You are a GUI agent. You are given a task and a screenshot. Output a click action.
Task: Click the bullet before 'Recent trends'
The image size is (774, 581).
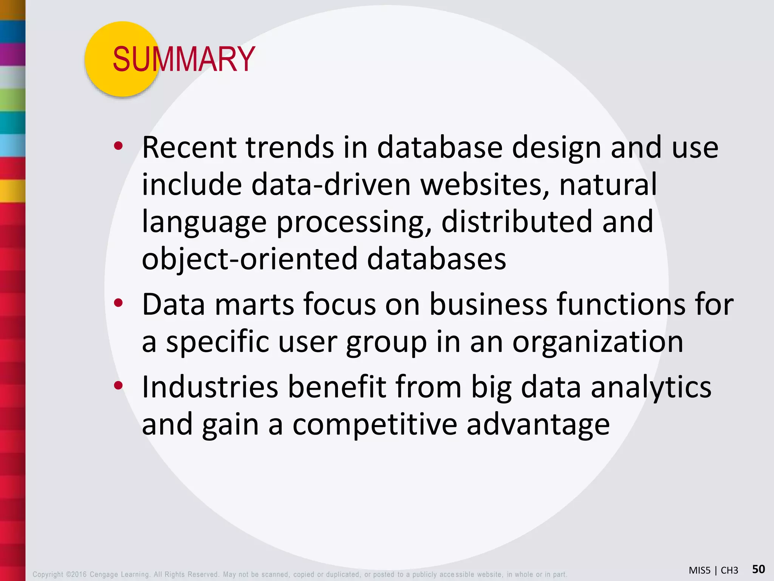pos(118,146)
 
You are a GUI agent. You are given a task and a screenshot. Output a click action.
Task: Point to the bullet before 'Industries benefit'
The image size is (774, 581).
pos(118,385)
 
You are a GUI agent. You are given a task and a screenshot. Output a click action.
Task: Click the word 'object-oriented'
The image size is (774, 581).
pos(249,259)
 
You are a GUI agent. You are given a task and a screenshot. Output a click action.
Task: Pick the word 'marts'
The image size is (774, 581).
pos(254,304)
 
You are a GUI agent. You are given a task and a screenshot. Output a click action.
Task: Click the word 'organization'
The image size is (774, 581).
pos(598,342)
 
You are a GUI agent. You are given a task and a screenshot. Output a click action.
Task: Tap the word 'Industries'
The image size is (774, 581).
pos(210,387)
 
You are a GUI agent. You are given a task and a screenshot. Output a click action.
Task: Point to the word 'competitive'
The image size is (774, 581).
pos(375,424)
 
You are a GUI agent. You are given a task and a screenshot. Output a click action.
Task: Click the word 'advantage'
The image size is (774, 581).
pos(538,424)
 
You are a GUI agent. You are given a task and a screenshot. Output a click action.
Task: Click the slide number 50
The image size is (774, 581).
pos(758,569)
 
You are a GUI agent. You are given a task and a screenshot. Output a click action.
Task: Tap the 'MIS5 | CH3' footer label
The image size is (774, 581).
pos(713,570)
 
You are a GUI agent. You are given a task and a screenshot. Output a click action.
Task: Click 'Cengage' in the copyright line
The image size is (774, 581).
pos(104,575)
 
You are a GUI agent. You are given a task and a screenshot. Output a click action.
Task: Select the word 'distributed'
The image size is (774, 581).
pos(516,222)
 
